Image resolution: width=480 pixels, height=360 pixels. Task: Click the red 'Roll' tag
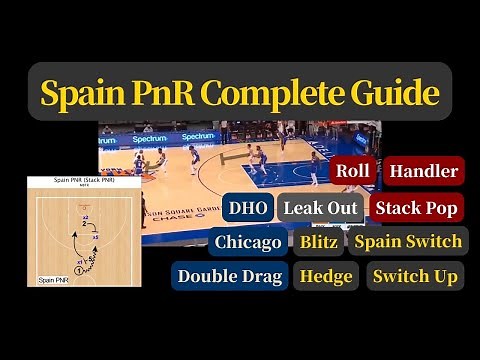pyautogui.click(x=353, y=171)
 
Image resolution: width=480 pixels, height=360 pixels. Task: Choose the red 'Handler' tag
pyautogui.click(x=423, y=171)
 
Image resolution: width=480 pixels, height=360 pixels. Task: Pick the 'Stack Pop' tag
pyautogui.click(x=417, y=208)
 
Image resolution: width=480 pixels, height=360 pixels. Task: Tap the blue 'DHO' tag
pyautogui.click(x=246, y=208)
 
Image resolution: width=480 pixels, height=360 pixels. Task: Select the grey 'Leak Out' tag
pyautogui.click(x=320, y=208)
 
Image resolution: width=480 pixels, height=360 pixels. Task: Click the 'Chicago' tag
pyautogui.click(x=248, y=241)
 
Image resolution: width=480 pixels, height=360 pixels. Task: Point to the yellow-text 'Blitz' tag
pyautogui.click(x=318, y=241)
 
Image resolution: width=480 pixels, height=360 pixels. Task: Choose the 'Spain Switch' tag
pyautogui.click(x=408, y=241)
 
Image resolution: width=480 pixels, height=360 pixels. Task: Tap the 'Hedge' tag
pyautogui.click(x=326, y=275)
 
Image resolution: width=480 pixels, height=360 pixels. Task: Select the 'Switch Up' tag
pyautogui.click(x=415, y=275)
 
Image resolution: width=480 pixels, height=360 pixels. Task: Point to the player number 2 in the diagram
pyautogui.click(x=85, y=223)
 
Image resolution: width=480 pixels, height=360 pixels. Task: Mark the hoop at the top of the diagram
pyautogui.click(x=85, y=206)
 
